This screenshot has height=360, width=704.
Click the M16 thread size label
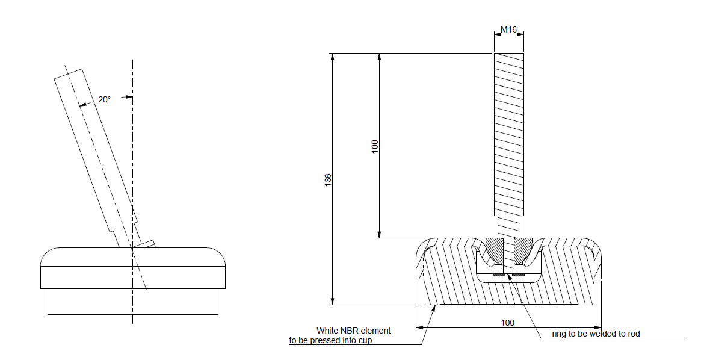508,29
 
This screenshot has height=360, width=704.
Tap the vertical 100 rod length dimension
375,146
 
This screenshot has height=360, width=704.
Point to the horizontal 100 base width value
508,323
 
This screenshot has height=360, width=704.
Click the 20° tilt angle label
104,99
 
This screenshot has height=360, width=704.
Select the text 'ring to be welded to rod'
596,334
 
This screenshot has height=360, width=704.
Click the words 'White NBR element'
353,331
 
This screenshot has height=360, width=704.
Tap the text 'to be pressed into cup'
330,341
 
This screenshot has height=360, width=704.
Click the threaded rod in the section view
509,132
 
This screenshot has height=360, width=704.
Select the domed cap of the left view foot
133,257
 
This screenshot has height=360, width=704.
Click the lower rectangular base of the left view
133,301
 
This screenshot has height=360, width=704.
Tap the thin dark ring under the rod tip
508,275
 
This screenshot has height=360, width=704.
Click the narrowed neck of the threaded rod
508,228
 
